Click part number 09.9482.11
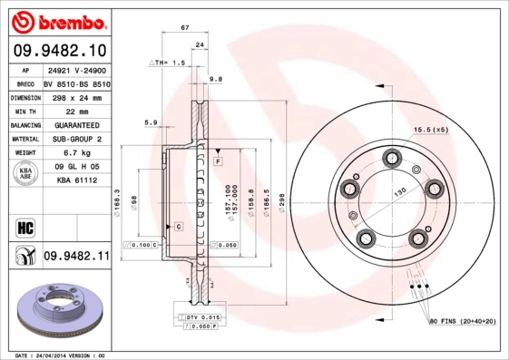click(76, 258)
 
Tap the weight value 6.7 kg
click(75, 153)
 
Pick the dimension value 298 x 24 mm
click(75, 96)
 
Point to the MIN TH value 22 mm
click(75, 110)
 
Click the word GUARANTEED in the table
click(75, 124)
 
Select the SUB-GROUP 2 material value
click(75, 139)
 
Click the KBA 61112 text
click(76, 181)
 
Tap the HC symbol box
click(24, 226)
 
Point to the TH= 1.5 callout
click(167, 63)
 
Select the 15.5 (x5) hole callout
click(431, 130)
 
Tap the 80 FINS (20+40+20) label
click(462, 321)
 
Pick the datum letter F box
click(219, 161)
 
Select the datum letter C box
click(179, 225)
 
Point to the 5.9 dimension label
click(151, 122)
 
